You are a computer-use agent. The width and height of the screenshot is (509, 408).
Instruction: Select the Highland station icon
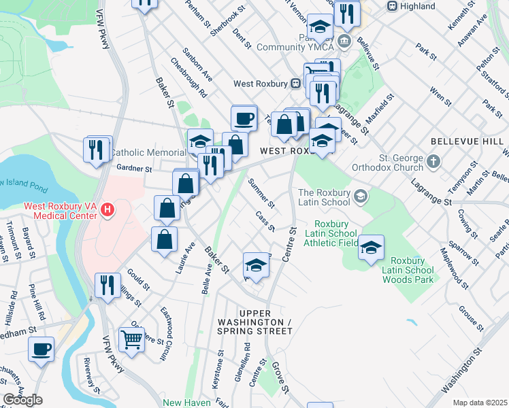[x=392, y=6]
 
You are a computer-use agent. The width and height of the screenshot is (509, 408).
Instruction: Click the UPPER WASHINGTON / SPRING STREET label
[x=255, y=326]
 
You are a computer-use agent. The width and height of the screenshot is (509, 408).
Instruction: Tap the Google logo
[x=22, y=400]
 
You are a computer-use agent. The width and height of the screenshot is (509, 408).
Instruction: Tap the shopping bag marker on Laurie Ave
[x=164, y=239]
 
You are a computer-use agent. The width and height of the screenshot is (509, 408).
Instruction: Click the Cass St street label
[x=265, y=220]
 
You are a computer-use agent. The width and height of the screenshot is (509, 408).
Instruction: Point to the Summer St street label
[x=261, y=193]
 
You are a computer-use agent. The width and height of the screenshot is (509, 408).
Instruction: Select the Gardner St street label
[x=133, y=168]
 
